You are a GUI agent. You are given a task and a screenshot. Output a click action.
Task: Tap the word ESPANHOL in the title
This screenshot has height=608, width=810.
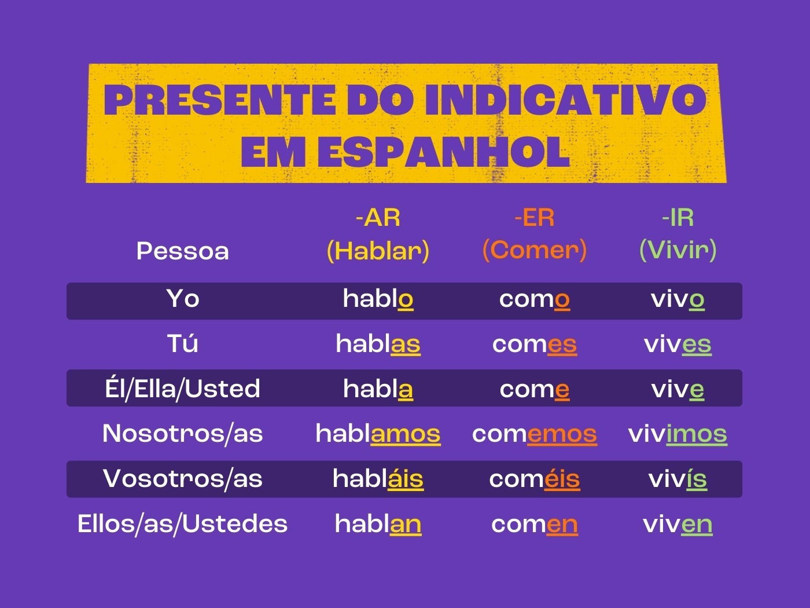pyautogui.click(x=443, y=152)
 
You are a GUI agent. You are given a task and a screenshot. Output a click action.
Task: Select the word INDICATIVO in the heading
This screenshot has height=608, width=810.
pyautogui.click(x=566, y=100)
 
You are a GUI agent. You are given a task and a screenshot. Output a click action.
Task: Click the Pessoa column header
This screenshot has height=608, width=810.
pyautogui.click(x=183, y=251)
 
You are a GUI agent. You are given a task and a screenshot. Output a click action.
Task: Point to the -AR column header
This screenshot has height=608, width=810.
pyautogui.click(x=378, y=218)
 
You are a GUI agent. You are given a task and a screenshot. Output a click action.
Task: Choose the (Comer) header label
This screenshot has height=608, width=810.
pyautogui.click(x=535, y=251)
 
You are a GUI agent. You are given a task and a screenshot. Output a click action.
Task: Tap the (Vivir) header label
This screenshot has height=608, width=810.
pyautogui.click(x=678, y=251)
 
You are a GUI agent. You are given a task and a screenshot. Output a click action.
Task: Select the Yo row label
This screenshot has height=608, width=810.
pyautogui.click(x=183, y=298)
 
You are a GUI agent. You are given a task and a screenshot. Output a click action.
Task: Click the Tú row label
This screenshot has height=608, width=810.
pyautogui.click(x=183, y=343)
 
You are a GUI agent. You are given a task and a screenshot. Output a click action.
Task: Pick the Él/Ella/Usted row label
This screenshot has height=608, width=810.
pyautogui.click(x=183, y=389)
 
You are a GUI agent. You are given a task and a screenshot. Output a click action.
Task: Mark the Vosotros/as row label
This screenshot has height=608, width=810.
pyautogui.click(x=183, y=479)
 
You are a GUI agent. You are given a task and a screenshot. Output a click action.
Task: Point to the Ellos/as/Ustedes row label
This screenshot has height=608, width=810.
pyautogui.click(x=183, y=524)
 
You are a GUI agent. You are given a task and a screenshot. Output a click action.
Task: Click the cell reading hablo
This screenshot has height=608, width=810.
pyautogui.click(x=378, y=299)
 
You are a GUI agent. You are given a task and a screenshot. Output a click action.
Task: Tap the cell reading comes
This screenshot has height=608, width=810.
pyautogui.click(x=535, y=345)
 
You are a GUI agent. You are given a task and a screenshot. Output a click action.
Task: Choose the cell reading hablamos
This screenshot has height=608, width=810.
pyautogui.click(x=378, y=434)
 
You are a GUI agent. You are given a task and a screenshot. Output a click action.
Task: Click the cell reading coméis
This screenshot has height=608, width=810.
pyautogui.click(x=535, y=479)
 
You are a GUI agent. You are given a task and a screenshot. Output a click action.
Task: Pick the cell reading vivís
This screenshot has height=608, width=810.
pyautogui.click(x=678, y=479)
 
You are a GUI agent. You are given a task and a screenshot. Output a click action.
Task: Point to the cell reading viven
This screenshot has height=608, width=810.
pyautogui.click(x=678, y=525)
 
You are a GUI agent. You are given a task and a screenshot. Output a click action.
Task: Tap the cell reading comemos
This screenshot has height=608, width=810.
pyautogui.click(x=535, y=434)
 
